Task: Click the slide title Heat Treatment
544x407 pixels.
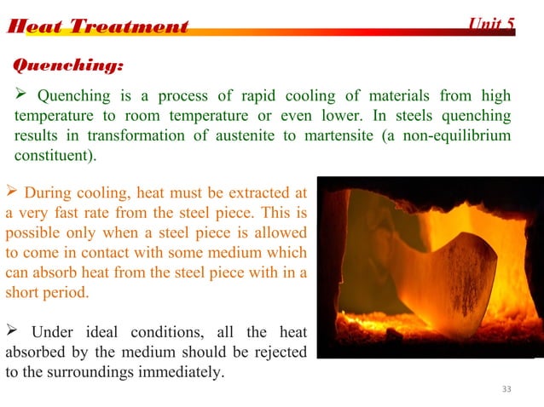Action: click(x=97, y=26)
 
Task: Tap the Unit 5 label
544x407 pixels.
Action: click(x=492, y=23)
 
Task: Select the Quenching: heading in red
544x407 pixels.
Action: click(x=67, y=65)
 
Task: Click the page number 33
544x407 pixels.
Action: click(x=507, y=389)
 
